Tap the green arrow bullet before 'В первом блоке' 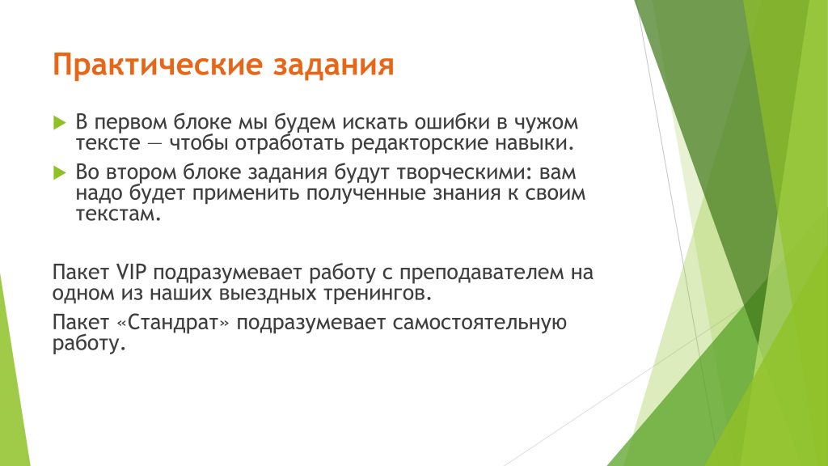(x=60, y=123)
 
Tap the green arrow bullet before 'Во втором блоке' (x=60, y=173)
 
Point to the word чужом (x=547, y=123)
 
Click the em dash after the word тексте (x=154, y=144)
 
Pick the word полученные (x=366, y=193)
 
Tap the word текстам (x=118, y=214)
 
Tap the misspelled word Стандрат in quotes (x=173, y=322)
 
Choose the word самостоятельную (x=479, y=322)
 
